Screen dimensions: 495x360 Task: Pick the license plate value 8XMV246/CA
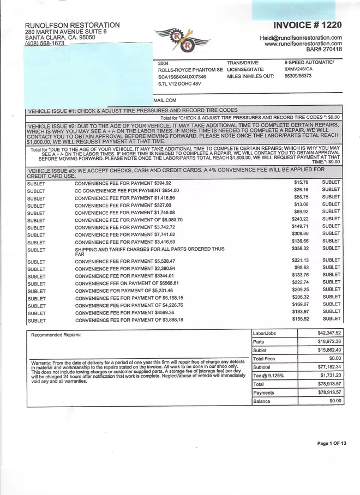(x=299, y=69)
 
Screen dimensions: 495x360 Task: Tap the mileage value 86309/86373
(x=298, y=76)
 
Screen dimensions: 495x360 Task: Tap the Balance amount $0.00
(x=335, y=401)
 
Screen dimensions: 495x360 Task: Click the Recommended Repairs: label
(x=56, y=335)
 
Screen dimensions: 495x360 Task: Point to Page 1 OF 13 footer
(x=332, y=443)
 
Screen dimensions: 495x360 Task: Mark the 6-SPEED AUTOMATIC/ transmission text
(x=309, y=62)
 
